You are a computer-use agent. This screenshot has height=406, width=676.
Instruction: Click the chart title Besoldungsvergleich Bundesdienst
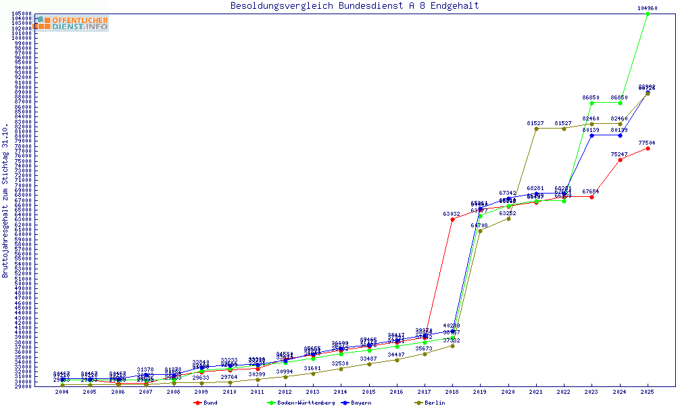(354, 6)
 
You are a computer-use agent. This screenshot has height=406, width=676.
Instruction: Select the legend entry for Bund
(206, 403)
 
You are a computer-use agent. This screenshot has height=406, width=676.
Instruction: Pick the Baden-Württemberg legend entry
(301, 403)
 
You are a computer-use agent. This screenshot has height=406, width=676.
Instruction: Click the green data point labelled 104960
(648, 14)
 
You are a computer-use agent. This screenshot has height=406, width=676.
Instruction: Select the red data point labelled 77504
(648, 148)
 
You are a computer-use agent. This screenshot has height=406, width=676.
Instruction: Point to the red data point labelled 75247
(620, 160)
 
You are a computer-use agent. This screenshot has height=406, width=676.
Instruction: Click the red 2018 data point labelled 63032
(452, 219)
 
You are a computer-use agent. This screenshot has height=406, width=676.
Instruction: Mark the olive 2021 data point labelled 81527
(536, 129)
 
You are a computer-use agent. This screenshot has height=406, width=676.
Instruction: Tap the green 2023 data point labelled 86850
(591, 103)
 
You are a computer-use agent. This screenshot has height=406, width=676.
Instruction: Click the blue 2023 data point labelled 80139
(591, 135)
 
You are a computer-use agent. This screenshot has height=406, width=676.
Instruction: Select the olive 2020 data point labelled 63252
(508, 219)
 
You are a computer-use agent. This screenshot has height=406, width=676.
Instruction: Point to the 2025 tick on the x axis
(648, 391)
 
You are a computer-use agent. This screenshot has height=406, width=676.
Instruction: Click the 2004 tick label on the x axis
(62, 391)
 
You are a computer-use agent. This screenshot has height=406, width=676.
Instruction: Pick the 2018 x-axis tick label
(452, 391)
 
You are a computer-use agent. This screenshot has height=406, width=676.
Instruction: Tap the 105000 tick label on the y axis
(23, 14)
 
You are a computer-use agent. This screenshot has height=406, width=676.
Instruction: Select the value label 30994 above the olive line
(285, 371)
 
